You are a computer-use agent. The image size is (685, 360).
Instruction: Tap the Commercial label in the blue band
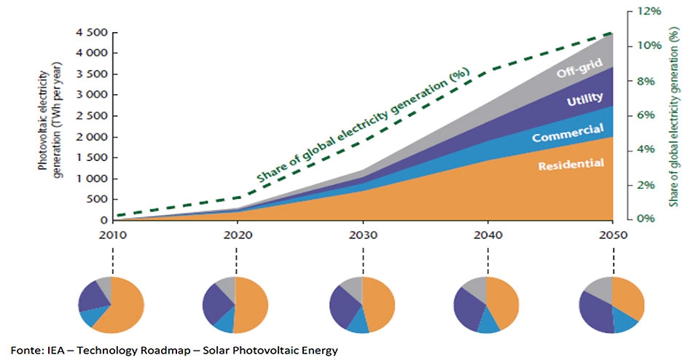click(568, 133)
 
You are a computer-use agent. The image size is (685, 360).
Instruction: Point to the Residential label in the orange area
click(571, 165)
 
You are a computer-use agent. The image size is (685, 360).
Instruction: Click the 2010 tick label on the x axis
click(111, 236)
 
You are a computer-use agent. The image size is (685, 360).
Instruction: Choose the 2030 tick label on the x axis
click(361, 236)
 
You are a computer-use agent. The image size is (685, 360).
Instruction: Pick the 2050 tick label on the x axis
click(613, 236)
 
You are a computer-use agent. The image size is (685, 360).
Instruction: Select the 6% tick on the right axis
click(648, 115)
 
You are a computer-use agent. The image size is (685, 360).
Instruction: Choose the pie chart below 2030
click(361, 305)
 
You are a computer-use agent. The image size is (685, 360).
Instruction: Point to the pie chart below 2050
click(612, 305)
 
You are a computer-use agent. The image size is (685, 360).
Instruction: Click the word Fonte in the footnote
click(24, 351)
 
